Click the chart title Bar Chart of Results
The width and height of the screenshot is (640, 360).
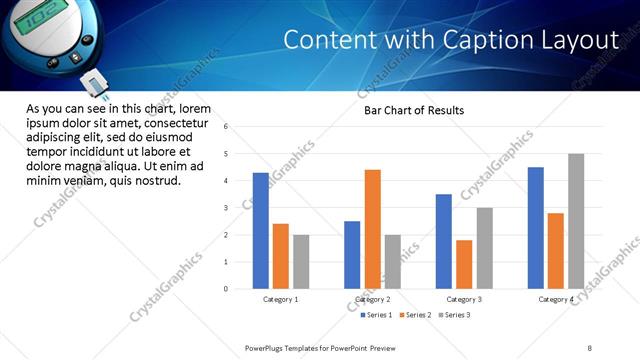pos(413,110)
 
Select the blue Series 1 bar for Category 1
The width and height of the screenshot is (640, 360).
pos(260,231)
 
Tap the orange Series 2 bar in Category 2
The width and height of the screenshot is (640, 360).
pos(372,229)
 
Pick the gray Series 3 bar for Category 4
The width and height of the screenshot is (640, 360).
pos(576,221)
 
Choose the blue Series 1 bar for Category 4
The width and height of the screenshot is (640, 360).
pos(536,228)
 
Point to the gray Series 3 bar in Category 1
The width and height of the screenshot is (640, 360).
pos(301,262)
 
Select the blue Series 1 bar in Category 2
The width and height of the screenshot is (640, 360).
pos(352,255)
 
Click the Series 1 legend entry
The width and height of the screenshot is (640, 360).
pos(376,315)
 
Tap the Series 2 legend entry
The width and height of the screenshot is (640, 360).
pos(416,315)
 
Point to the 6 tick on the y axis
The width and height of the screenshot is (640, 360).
pos(227,127)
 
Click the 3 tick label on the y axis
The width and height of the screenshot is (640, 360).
pos(227,208)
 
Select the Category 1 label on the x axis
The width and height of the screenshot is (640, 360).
pos(280,299)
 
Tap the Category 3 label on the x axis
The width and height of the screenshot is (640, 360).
pos(464,299)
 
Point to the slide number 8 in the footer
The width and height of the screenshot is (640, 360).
pos(590,347)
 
